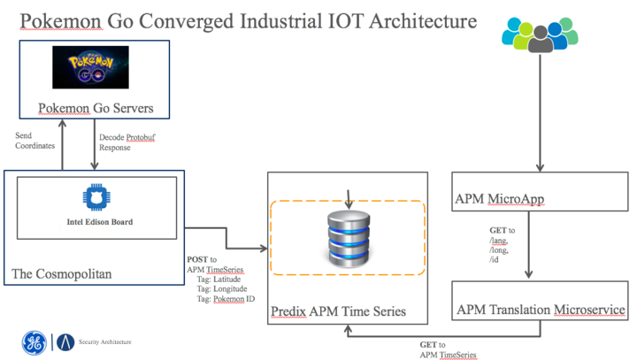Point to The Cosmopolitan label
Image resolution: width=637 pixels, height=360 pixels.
[62, 274]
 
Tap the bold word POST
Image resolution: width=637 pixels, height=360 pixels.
[197, 258]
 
